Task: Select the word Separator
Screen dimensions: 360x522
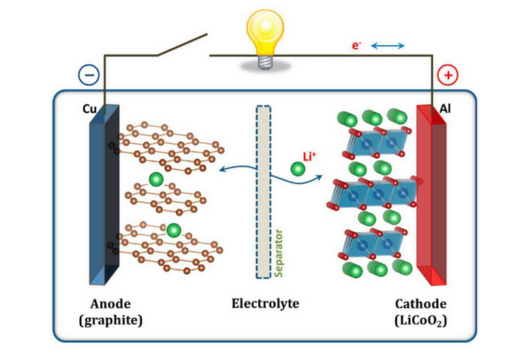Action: (x=279, y=252)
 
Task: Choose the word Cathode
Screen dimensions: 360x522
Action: (x=421, y=303)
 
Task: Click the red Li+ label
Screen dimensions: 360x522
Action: (x=311, y=157)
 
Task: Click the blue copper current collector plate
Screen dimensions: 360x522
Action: (x=104, y=196)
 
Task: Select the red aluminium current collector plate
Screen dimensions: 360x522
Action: (x=431, y=196)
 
